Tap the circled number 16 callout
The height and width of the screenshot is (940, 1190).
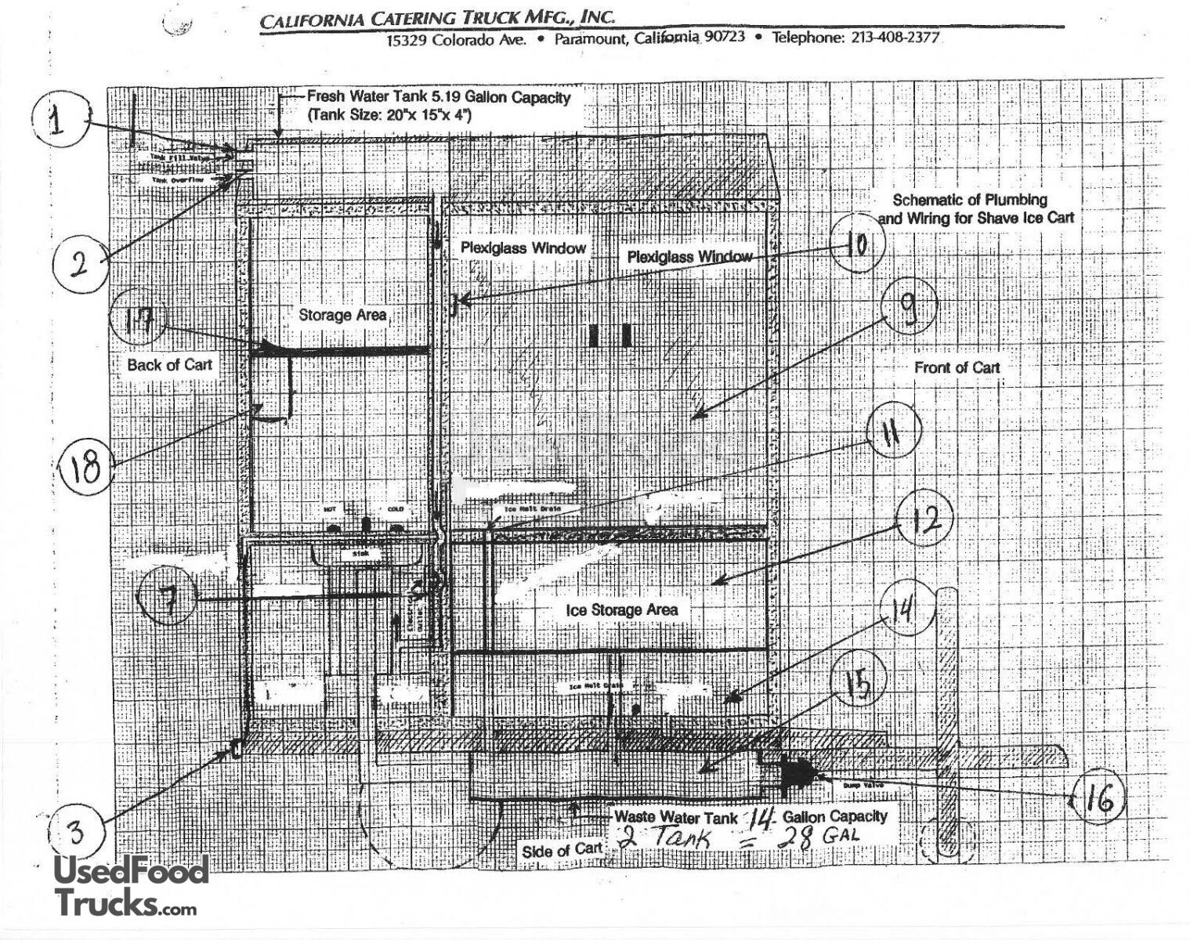point(1100,799)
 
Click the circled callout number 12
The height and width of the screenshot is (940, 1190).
point(926,519)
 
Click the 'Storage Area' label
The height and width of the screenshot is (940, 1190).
point(342,315)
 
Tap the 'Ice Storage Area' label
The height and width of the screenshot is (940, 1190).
point(622,609)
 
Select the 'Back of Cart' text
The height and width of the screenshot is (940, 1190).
point(169,365)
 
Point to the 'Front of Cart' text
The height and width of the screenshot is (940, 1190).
point(957,367)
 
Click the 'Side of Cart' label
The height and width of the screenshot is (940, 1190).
point(562,851)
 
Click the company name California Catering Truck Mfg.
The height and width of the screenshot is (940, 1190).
point(437,18)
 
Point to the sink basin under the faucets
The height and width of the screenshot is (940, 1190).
point(367,554)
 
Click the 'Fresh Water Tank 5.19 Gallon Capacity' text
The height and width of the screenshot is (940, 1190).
point(439,98)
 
